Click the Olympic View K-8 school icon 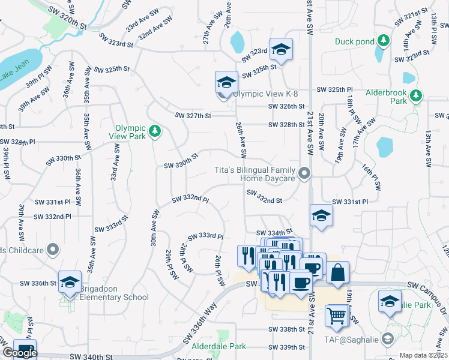pyautogui.click(x=227, y=82)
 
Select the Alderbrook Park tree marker pyautogui.click(x=415, y=95)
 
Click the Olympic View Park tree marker pyautogui.click(x=155, y=130)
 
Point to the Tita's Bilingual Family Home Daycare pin pyautogui.click(x=305, y=174)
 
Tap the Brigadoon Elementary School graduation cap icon pyautogui.click(x=70, y=282)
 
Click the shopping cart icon pyautogui.click(x=337, y=315)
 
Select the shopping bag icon pyautogui.click(x=338, y=272)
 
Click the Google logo pyautogui.click(x=19, y=353)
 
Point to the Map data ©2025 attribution pyautogui.click(x=423, y=355)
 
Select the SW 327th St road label pyautogui.click(x=193, y=116)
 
